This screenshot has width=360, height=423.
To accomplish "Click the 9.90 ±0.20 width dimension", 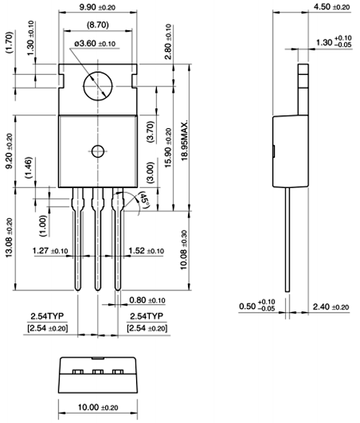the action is point(97,7).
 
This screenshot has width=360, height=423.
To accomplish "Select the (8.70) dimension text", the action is point(97,25).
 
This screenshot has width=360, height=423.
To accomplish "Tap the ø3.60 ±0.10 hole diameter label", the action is point(95,43).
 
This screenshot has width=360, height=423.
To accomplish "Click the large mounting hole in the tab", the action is point(98,86).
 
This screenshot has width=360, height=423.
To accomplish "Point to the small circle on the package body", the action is point(98,151).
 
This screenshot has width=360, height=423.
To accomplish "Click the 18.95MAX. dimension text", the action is point(184,141).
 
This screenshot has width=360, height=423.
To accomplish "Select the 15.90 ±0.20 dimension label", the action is point(168,148).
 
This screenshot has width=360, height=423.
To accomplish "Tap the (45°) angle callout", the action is point(144,200).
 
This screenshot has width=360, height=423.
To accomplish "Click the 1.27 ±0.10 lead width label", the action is point(50,251).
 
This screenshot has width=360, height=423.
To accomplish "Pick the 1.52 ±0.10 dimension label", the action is point(146,251).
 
